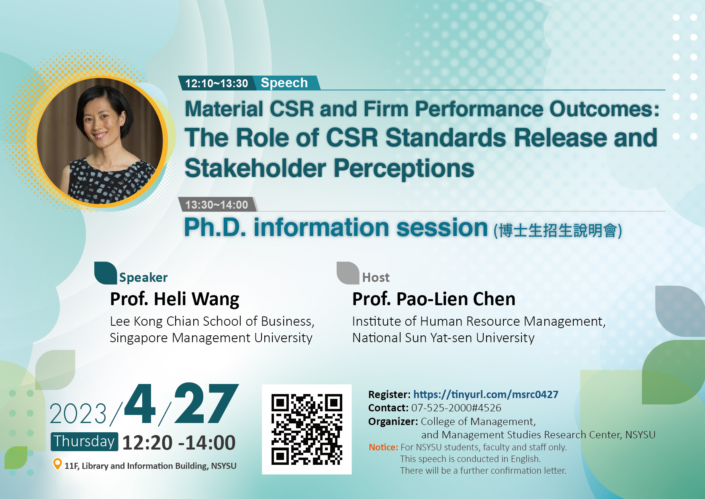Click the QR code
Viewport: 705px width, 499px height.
[307, 429]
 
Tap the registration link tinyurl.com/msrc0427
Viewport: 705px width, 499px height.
[486, 394]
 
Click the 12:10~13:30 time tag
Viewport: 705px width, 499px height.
[217, 83]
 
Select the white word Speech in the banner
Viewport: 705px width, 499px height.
[284, 83]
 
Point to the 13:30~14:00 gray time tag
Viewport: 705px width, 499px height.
[217, 205]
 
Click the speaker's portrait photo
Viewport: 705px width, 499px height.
[100, 142]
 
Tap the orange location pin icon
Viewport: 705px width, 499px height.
[57, 464]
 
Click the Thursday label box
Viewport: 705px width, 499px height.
[84, 442]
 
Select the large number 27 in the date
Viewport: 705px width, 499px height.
[206, 403]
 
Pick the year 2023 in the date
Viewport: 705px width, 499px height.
[78, 414]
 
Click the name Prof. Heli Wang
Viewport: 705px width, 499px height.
[175, 299]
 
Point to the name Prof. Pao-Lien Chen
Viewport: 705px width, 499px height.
[434, 299]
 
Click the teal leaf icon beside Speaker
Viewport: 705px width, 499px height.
[106, 273]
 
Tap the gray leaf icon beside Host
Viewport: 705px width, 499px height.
[348, 273]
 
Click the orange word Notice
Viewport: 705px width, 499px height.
[384, 447]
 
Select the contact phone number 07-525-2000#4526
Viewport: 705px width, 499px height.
[456, 408]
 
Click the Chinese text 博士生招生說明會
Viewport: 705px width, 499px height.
[558, 231]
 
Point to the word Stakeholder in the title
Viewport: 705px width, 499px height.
[255, 168]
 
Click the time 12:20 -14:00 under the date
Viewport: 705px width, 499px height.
[179, 443]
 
